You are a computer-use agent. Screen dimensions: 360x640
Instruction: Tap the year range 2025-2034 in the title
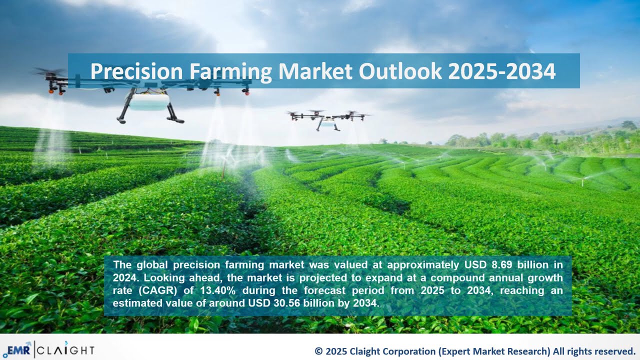pyautogui.click(x=501, y=71)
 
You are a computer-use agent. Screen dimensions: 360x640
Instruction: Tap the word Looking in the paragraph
pyautogui.click(x=162, y=277)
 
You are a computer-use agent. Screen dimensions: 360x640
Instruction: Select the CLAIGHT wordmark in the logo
pyautogui.click(x=65, y=349)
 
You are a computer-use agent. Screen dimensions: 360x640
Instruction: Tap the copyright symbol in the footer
pyautogui.click(x=318, y=351)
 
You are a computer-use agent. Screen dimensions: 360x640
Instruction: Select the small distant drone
pyautogui.click(x=328, y=119)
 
